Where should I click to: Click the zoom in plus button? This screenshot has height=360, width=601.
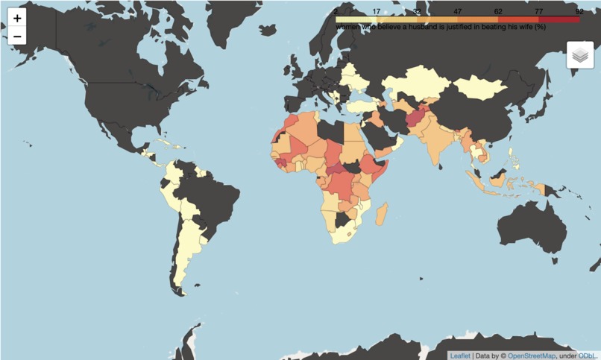[17, 18]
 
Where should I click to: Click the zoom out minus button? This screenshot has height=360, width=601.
[17, 36]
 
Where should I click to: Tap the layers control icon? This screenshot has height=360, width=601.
[580, 54]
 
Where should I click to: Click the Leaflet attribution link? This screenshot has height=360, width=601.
[460, 356]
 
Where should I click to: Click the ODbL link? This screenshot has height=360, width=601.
[588, 356]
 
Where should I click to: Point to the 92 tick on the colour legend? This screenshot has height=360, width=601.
[579, 12]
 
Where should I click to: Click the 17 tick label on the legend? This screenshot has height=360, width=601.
[377, 12]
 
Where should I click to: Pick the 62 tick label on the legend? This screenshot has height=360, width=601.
[498, 12]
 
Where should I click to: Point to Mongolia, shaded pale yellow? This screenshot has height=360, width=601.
[479, 89]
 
